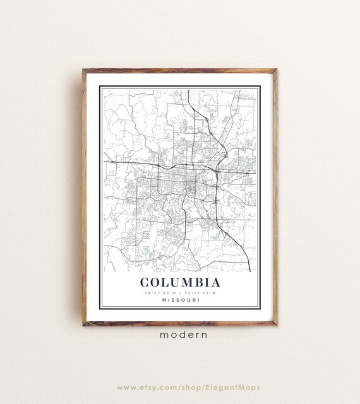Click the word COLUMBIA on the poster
(180, 282)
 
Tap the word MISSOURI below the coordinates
(180, 300)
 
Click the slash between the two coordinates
(180, 292)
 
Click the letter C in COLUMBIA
(145, 282)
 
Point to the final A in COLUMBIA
(216, 282)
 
